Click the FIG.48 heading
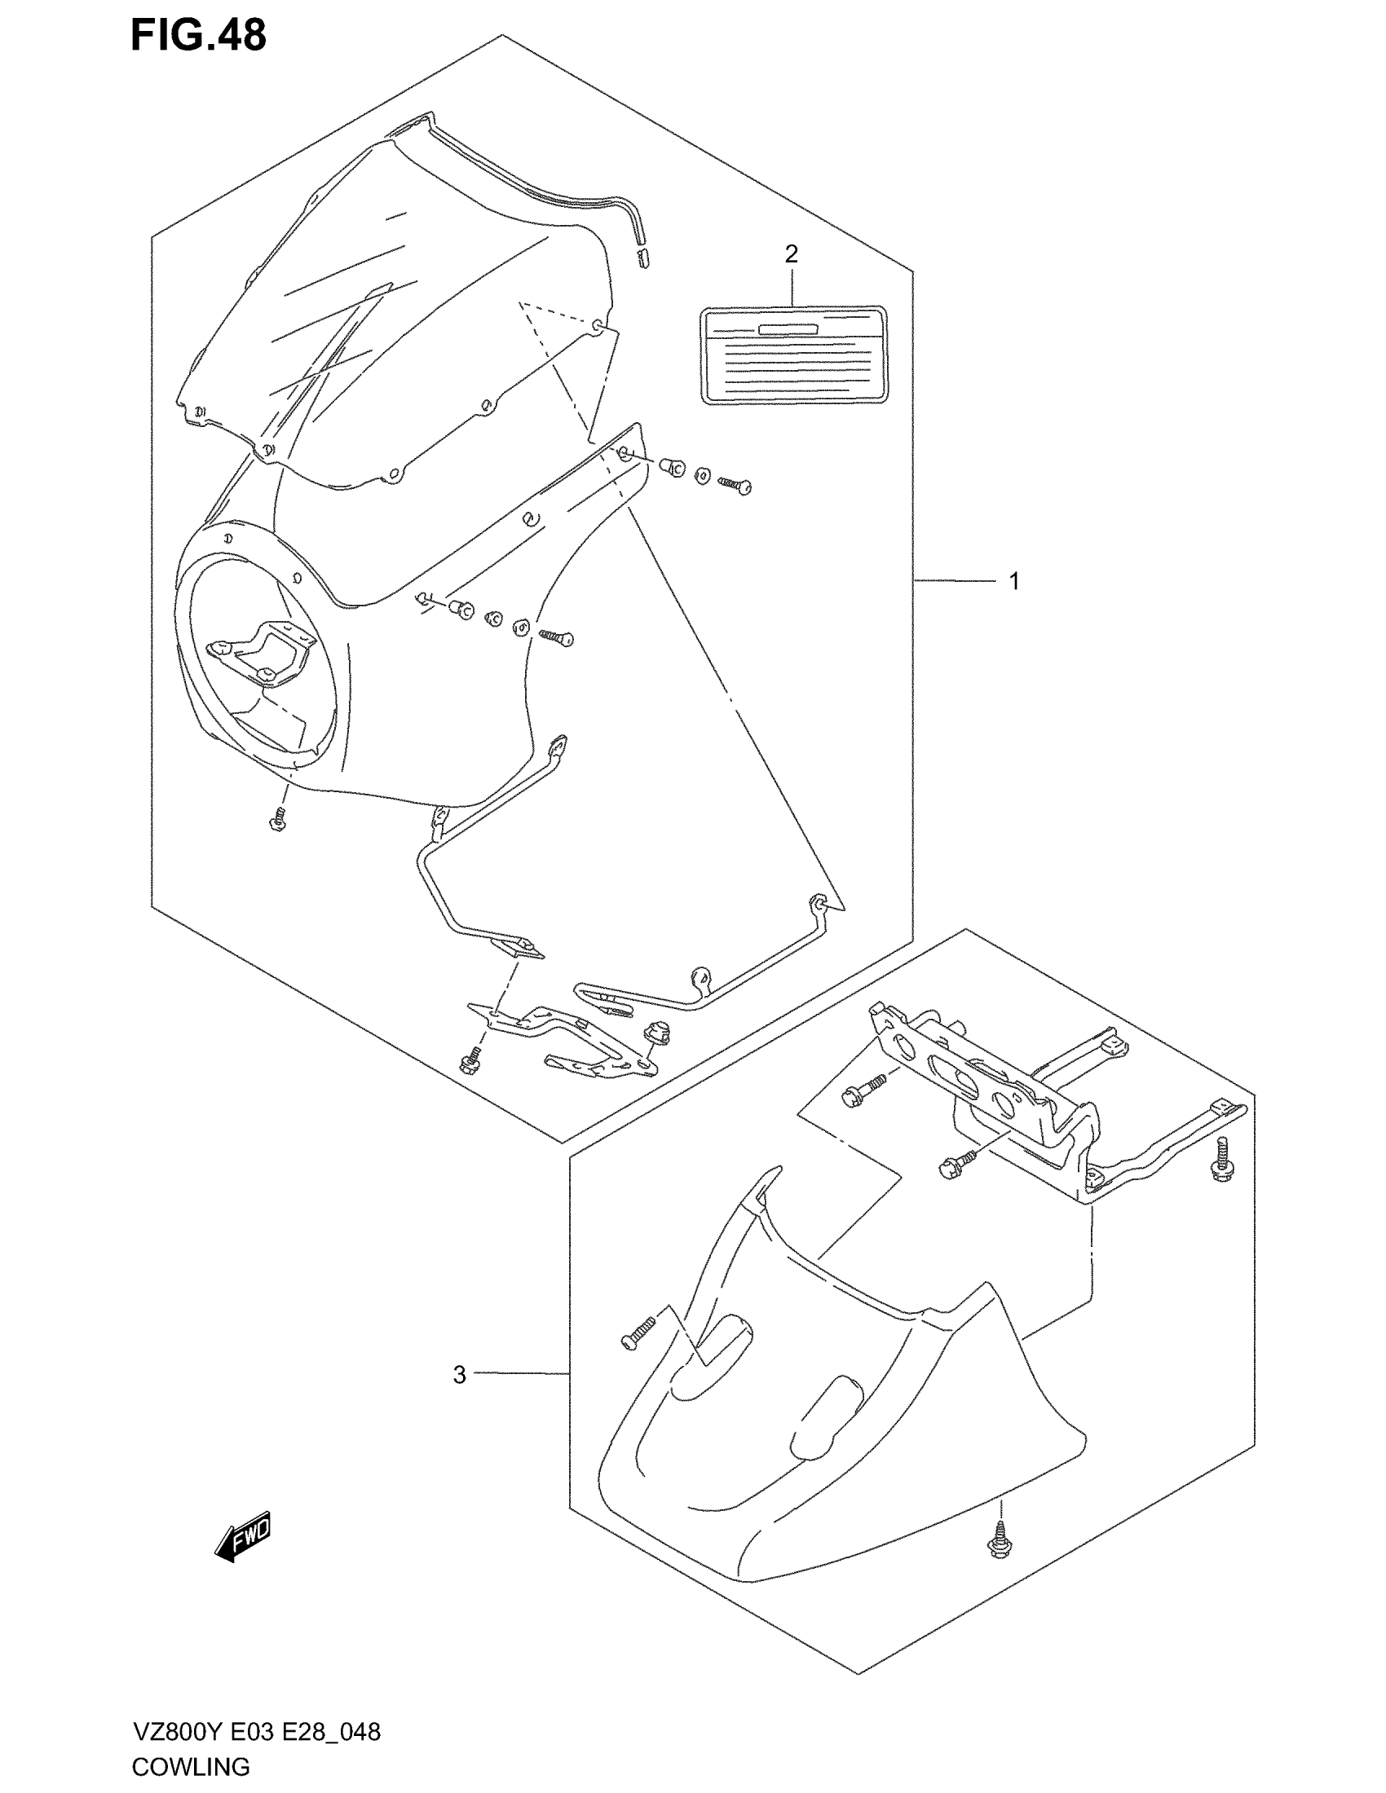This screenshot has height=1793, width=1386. pos(199,37)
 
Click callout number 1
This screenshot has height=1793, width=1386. pos(1014,581)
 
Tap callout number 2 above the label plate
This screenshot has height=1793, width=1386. pos(791,254)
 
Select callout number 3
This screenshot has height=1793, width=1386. pos(459,1374)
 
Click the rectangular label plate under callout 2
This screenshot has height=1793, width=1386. pos(794,355)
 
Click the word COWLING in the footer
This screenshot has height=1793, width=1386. pos(191,1766)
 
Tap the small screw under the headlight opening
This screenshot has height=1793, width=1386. pos(277,819)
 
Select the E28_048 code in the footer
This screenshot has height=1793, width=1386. pos(332,1732)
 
